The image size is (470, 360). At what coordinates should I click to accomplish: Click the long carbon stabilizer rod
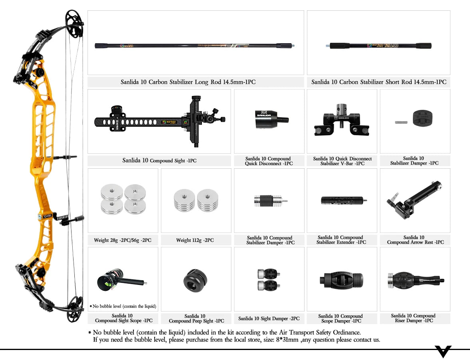pyautogui.click(x=195, y=46)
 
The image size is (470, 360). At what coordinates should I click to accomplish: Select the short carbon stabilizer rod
pyautogui.click(x=379, y=46)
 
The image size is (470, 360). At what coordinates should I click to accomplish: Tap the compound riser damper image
pyautogui.click(x=415, y=279)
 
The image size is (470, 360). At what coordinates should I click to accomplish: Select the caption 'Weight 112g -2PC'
pyautogui.click(x=195, y=240)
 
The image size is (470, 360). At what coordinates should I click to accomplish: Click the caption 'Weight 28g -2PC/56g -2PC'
pyautogui.click(x=123, y=240)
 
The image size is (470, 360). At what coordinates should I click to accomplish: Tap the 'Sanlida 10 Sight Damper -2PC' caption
pyautogui.click(x=269, y=318)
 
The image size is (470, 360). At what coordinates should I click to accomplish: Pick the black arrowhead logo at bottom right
pyautogui.click(x=443, y=351)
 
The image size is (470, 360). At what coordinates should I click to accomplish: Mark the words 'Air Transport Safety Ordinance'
pyautogui.click(x=311, y=332)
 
